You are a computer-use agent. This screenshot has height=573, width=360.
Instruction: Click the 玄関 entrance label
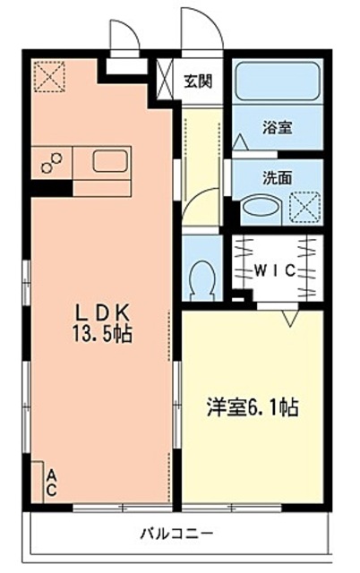tap(199, 81)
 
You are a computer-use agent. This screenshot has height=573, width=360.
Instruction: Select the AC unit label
tap(52, 483)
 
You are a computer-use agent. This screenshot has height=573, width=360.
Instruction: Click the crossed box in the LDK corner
tap(47, 75)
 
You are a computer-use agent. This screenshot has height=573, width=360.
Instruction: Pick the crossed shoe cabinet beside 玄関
tap(167, 79)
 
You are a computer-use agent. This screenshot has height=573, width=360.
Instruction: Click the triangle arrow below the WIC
tap(289, 316)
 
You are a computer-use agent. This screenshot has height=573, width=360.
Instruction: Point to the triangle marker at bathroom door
tap(240, 141)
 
